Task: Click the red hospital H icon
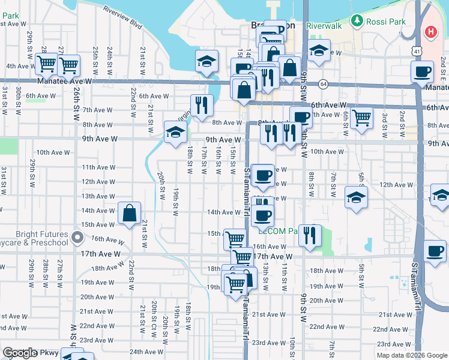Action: coord(431,32)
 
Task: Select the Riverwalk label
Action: coord(324,26)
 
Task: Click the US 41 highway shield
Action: coord(417,52)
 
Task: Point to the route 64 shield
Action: coord(323,83)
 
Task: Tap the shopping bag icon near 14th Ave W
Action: coord(130,213)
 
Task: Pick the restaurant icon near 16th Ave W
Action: coord(310,235)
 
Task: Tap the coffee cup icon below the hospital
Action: coord(422,71)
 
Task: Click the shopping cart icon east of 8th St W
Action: coord(361,118)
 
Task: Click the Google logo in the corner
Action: coord(20,353)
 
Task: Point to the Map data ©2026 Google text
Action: coord(412,355)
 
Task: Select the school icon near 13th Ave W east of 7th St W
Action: coord(357,197)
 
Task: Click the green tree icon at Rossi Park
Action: coord(358,21)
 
